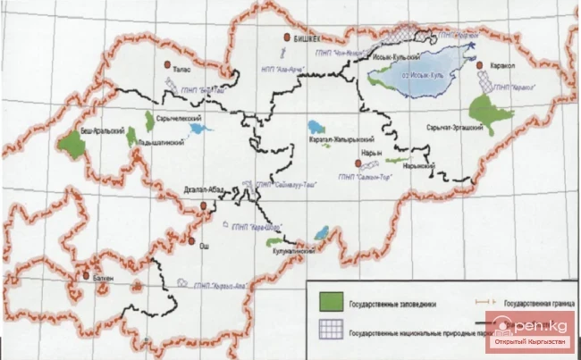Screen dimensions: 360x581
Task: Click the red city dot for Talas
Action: click(167, 64)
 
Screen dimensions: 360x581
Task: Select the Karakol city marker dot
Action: click(482, 66)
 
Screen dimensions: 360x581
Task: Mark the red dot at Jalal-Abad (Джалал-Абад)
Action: click(205, 205)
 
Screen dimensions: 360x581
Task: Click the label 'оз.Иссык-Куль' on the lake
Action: click(432, 74)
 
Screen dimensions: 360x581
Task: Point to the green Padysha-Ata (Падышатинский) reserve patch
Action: click(132, 137)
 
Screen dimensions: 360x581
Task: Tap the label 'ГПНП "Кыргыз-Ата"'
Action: click(215, 283)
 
